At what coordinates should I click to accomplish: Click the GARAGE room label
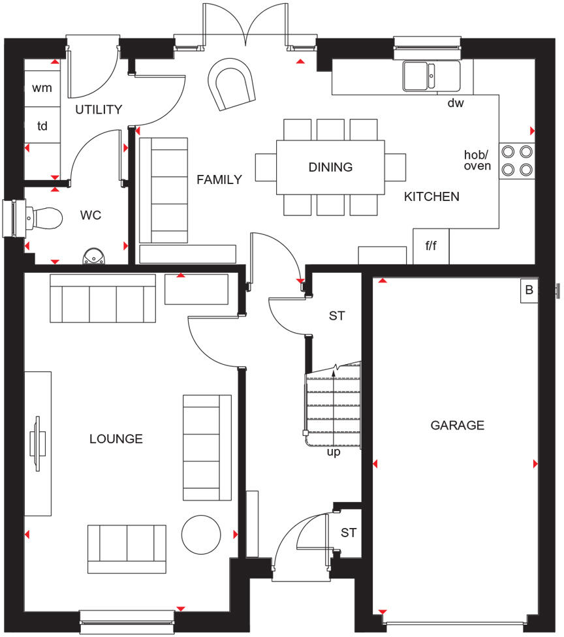click(457, 426)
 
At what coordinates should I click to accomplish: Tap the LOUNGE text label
click(116, 439)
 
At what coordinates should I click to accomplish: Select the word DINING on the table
click(330, 167)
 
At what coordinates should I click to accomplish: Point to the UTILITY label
click(98, 110)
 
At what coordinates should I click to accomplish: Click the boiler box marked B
click(529, 291)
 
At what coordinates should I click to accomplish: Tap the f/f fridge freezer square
click(431, 247)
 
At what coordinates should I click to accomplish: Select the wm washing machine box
click(42, 87)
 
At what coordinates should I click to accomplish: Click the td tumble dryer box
click(42, 126)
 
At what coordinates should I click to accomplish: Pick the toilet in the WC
click(42, 218)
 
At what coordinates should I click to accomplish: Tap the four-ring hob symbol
click(516, 161)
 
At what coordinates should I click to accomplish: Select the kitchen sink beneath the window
click(431, 75)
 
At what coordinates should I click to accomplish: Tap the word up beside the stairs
click(334, 452)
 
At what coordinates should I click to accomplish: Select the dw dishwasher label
click(455, 103)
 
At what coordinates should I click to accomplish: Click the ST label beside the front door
click(349, 533)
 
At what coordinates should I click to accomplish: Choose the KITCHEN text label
click(431, 196)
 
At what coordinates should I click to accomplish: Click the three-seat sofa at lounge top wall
click(102, 299)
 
